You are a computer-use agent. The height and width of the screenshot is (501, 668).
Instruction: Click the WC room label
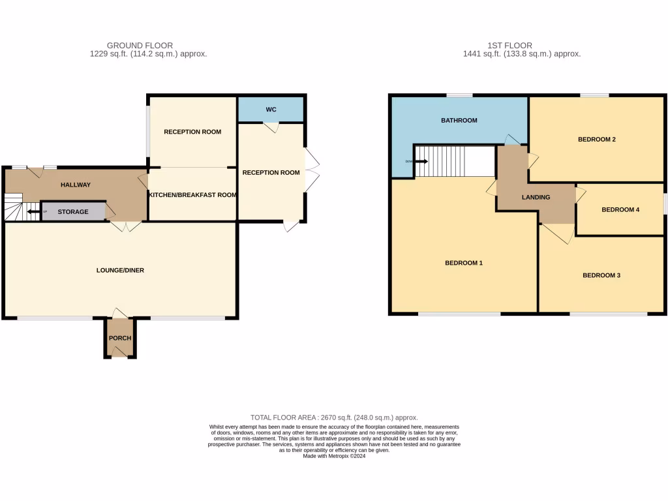click(x=271, y=110)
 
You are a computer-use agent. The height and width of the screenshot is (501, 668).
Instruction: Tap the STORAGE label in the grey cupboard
click(x=73, y=212)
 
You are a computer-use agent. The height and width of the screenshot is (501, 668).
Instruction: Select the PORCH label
click(x=120, y=338)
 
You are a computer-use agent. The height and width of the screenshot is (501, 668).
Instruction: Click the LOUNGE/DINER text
click(x=120, y=270)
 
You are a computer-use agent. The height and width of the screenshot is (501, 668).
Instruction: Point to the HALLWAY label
click(x=76, y=185)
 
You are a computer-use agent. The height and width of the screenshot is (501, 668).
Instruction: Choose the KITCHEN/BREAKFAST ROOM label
click(x=192, y=195)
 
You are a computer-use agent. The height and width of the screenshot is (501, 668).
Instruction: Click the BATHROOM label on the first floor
click(x=459, y=120)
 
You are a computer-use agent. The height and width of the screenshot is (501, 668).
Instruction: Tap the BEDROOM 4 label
click(x=620, y=209)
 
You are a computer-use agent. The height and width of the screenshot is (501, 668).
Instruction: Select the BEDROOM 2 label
click(x=597, y=139)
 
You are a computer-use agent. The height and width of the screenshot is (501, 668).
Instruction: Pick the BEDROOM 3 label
click(x=601, y=275)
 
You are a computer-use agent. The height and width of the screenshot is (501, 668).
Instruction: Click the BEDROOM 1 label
click(x=463, y=263)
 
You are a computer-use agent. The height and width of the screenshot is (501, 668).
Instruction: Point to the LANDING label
click(x=536, y=197)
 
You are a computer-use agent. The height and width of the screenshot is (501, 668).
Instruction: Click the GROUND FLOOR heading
click(x=140, y=46)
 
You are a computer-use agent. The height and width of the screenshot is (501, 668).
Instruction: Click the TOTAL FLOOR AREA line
click(x=334, y=417)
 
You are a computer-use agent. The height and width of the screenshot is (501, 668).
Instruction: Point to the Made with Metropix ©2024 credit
click(x=334, y=457)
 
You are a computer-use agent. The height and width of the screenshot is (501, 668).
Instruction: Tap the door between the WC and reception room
click(x=271, y=127)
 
